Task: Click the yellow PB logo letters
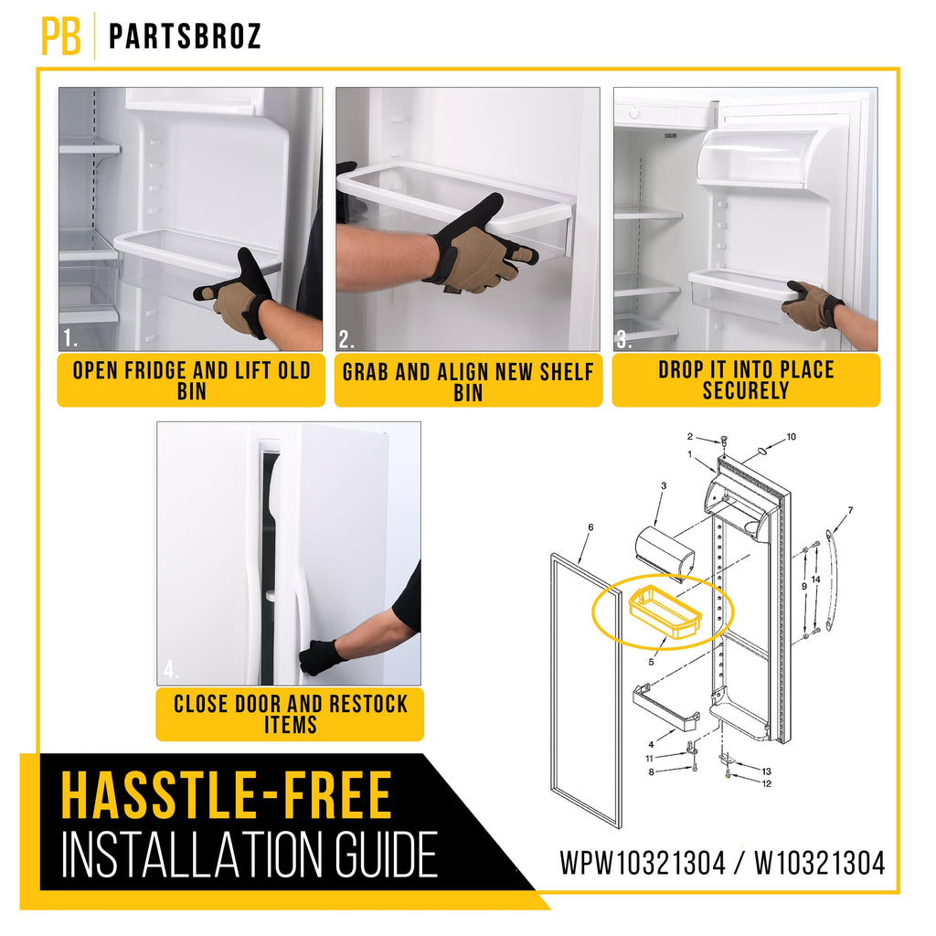61,36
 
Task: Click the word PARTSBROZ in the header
185,37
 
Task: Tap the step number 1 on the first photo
69,338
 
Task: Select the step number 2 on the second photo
346,339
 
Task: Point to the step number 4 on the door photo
171,670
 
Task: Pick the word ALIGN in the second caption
463,372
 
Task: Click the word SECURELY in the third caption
746,390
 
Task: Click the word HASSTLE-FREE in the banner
227,795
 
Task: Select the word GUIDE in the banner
385,855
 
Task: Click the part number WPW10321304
643,864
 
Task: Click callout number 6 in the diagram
590,527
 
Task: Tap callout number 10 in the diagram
791,437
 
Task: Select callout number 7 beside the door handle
850,510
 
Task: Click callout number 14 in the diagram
816,579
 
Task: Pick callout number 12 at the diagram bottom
767,783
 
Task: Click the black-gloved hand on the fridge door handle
321,657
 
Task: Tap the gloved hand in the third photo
813,304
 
